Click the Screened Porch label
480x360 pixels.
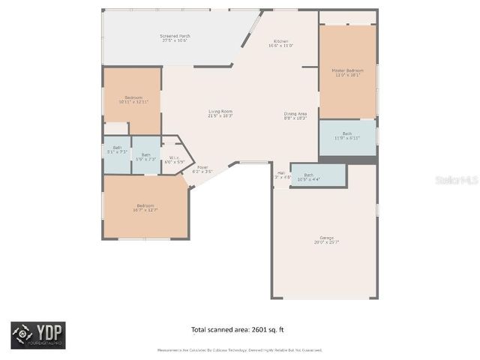175,38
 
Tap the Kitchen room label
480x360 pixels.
280,43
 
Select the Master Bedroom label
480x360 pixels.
346,73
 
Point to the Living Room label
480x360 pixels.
220,113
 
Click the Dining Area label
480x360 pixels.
295,115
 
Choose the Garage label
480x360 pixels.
326,240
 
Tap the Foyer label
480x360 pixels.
202,169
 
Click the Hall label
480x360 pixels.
281,175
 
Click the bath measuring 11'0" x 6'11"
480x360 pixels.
346,136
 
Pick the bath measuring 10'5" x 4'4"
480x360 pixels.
308,177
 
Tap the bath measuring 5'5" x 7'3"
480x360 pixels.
145,157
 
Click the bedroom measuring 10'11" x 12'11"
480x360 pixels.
133,99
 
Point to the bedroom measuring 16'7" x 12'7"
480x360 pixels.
145,207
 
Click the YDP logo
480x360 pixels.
37,334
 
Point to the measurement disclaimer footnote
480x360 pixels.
239,349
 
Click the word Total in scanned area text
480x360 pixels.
199,329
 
